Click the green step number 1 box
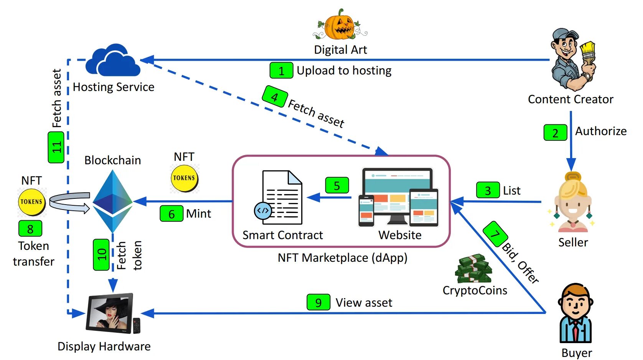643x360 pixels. click(281, 70)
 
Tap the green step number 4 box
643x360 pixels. click(275, 96)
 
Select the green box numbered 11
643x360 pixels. click(56, 147)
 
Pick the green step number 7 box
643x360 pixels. click(495, 234)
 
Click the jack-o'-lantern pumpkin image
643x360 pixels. click(340, 25)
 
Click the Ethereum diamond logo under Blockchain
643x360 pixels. click(112, 201)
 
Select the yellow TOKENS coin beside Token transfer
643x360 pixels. click(31, 202)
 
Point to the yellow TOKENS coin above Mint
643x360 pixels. click(184, 178)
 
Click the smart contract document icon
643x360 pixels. click(279, 198)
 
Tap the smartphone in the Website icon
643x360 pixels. click(366, 210)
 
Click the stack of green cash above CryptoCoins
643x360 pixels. click(473, 268)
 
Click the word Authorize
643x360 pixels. click(601, 131)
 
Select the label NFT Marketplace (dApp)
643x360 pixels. click(343, 258)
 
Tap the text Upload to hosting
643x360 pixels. click(344, 71)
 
